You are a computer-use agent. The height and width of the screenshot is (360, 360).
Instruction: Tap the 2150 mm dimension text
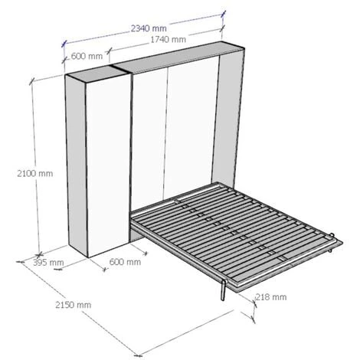74,305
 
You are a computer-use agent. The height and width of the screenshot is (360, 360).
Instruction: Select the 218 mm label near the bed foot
271,296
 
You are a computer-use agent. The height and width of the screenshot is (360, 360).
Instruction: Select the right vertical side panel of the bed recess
228,123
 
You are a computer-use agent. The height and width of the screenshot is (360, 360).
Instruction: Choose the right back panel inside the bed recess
191,130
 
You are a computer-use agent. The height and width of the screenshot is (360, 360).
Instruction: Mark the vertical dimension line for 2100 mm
32,123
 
